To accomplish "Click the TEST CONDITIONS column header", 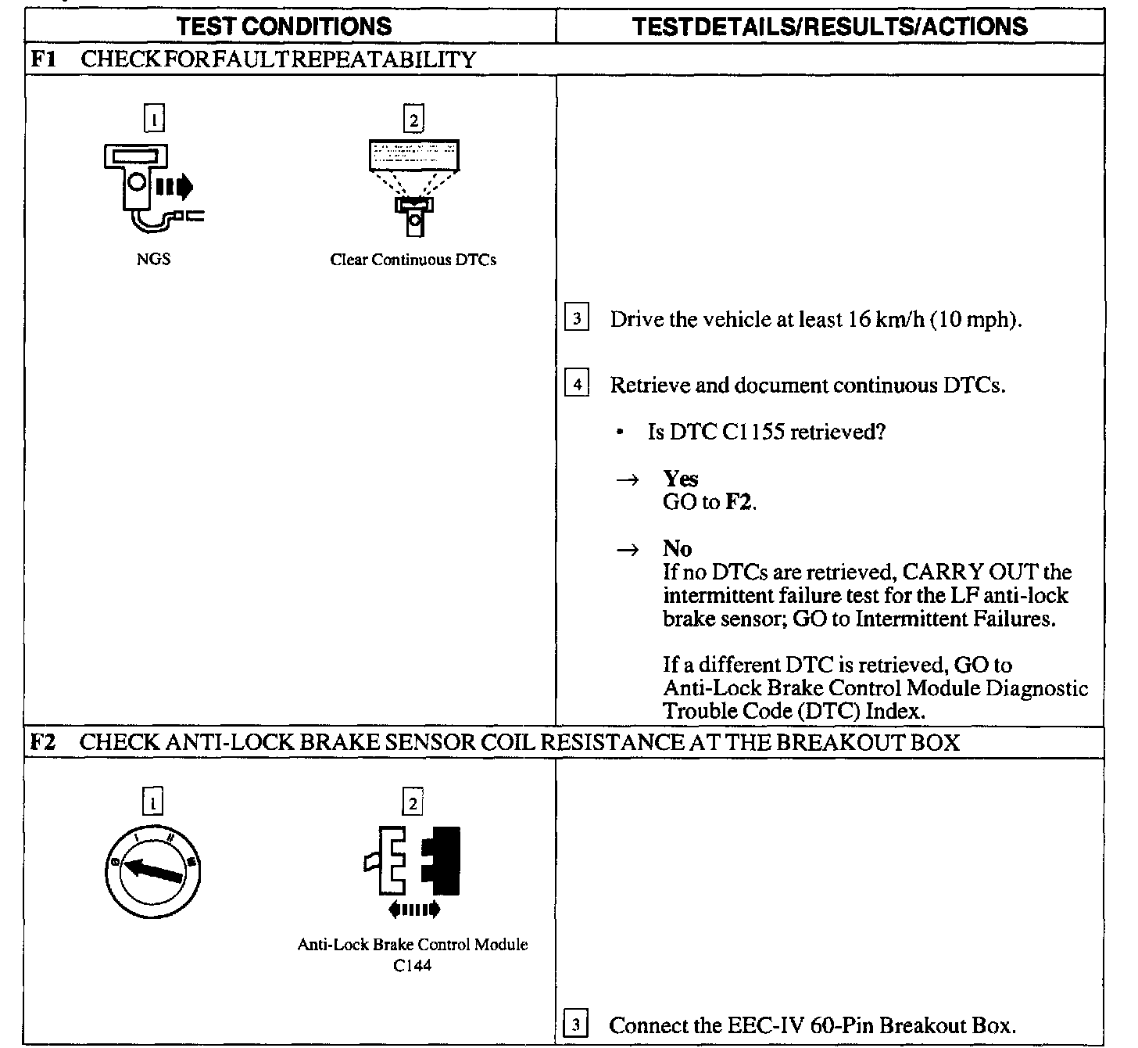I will tap(284, 27).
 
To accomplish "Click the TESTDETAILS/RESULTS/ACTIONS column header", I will tap(829, 27).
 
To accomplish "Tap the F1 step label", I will tap(43, 59).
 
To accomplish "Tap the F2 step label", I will tap(43, 742).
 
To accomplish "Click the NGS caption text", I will tap(153, 260).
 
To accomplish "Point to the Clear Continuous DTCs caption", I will tap(413, 260).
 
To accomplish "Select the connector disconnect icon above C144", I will tap(413, 868).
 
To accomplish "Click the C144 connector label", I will tap(413, 966).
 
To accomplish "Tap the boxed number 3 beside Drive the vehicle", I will tap(577, 319).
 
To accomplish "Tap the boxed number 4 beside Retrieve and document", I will tap(577, 385).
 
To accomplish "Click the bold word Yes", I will tap(680, 478).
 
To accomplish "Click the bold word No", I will tap(677, 548).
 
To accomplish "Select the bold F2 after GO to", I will tap(739, 502).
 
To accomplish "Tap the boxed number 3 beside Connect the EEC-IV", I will tap(576, 1025).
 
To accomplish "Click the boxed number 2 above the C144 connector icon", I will tap(411, 802).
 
